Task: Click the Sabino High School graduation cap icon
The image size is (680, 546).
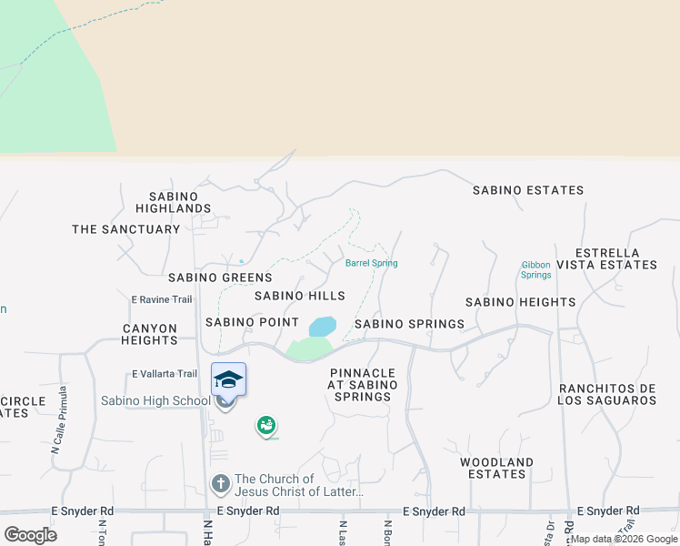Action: (x=228, y=379)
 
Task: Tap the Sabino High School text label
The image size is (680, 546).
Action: (x=155, y=400)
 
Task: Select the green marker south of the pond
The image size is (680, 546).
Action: (x=265, y=424)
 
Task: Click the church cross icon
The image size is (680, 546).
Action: (x=220, y=484)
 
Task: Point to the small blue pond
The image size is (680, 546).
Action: (x=323, y=326)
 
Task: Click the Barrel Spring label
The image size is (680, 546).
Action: (x=371, y=264)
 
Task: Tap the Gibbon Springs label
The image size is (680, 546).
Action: (x=536, y=269)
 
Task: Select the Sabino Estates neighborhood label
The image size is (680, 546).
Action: (x=528, y=190)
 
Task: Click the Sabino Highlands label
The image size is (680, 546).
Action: (x=180, y=202)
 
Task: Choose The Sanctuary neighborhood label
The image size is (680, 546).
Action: (x=126, y=229)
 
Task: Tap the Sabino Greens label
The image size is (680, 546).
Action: (x=220, y=278)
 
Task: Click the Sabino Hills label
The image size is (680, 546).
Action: (x=299, y=296)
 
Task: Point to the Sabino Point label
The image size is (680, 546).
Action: (x=252, y=322)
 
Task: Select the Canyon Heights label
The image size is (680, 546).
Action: (x=150, y=334)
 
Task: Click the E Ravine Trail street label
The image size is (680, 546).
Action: (x=162, y=299)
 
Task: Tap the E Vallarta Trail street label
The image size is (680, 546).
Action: (x=165, y=373)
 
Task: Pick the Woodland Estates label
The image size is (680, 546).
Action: (x=496, y=468)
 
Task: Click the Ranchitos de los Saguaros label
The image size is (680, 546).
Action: (x=607, y=394)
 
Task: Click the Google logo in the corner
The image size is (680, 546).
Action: (x=30, y=535)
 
